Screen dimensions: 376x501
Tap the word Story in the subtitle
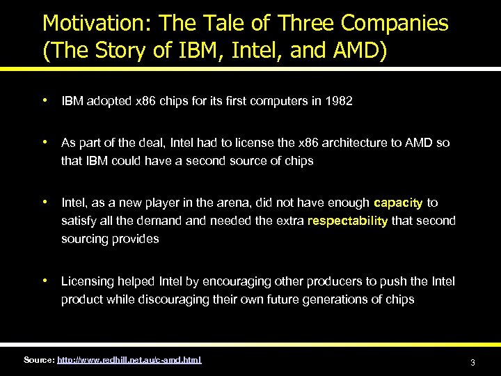pyautogui.click(x=118, y=52)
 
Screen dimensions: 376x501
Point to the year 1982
pyautogui.click(x=338, y=102)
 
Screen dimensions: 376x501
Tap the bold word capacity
pyautogui.click(x=398, y=203)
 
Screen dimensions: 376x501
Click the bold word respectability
pyautogui.click(x=347, y=221)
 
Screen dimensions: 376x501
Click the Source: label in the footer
pyautogui.click(x=38, y=359)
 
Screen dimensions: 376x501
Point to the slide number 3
pyautogui.click(x=472, y=363)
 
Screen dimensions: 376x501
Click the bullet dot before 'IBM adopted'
pyautogui.click(x=45, y=101)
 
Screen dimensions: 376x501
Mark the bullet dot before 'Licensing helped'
pyautogui.click(x=45, y=281)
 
